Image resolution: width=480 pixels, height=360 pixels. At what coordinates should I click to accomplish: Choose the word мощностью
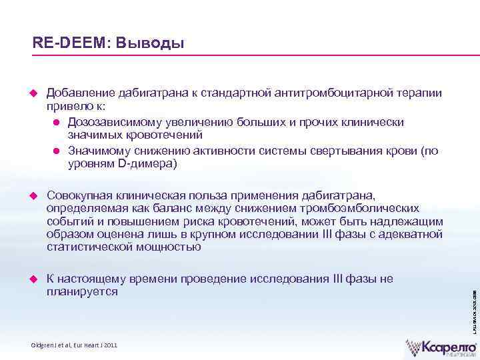(x=171, y=247)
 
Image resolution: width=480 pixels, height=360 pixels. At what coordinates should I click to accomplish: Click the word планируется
(x=82, y=292)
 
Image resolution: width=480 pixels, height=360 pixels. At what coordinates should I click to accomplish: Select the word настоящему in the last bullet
(x=89, y=279)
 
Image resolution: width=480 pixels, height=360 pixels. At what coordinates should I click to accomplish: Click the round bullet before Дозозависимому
(x=57, y=123)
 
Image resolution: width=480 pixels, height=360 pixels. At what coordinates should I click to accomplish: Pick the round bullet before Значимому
(x=57, y=151)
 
